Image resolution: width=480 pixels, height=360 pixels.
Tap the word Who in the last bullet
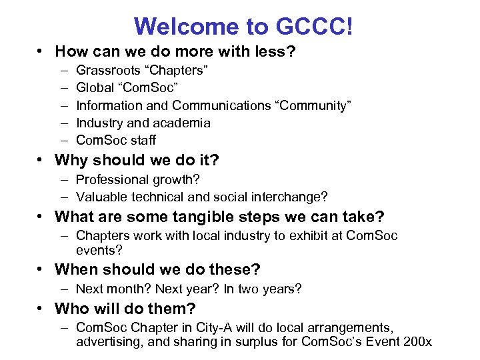pos(70,309)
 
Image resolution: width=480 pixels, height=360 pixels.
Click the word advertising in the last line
pos(107,343)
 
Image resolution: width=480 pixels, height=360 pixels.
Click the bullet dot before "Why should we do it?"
pos(42,161)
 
